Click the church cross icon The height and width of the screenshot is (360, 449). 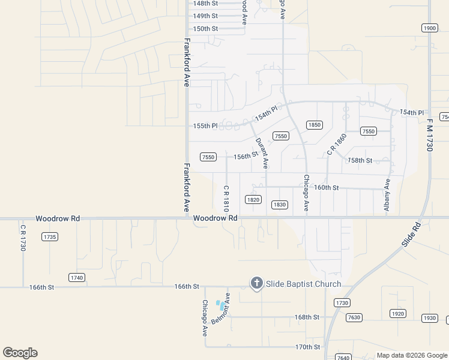(x=256, y=283)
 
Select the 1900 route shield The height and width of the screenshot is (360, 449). (x=429, y=28)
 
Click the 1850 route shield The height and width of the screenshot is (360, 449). (x=315, y=125)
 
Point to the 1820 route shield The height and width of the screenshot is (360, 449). (x=253, y=199)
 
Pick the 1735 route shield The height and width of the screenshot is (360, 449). (x=50, y=237)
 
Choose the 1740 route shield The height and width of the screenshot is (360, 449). (x=76, y=277)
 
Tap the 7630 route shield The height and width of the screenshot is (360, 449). (x=354, y=317)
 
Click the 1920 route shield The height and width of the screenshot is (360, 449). (x=398, y=313)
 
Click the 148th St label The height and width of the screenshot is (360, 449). (x=205, y=3)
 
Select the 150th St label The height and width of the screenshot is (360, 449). (x=205, y=28)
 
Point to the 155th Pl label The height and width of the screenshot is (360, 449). (x=205, y=126)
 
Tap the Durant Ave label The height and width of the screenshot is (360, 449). (x=262, y=153)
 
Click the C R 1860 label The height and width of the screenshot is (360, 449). (x=337, y=145)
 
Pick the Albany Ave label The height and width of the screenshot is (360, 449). (x=387, y=196)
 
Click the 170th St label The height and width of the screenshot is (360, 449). (x=307, y=347)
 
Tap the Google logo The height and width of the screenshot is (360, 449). (x=20, y=353)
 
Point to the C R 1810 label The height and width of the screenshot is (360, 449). (x=226, y=197)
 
